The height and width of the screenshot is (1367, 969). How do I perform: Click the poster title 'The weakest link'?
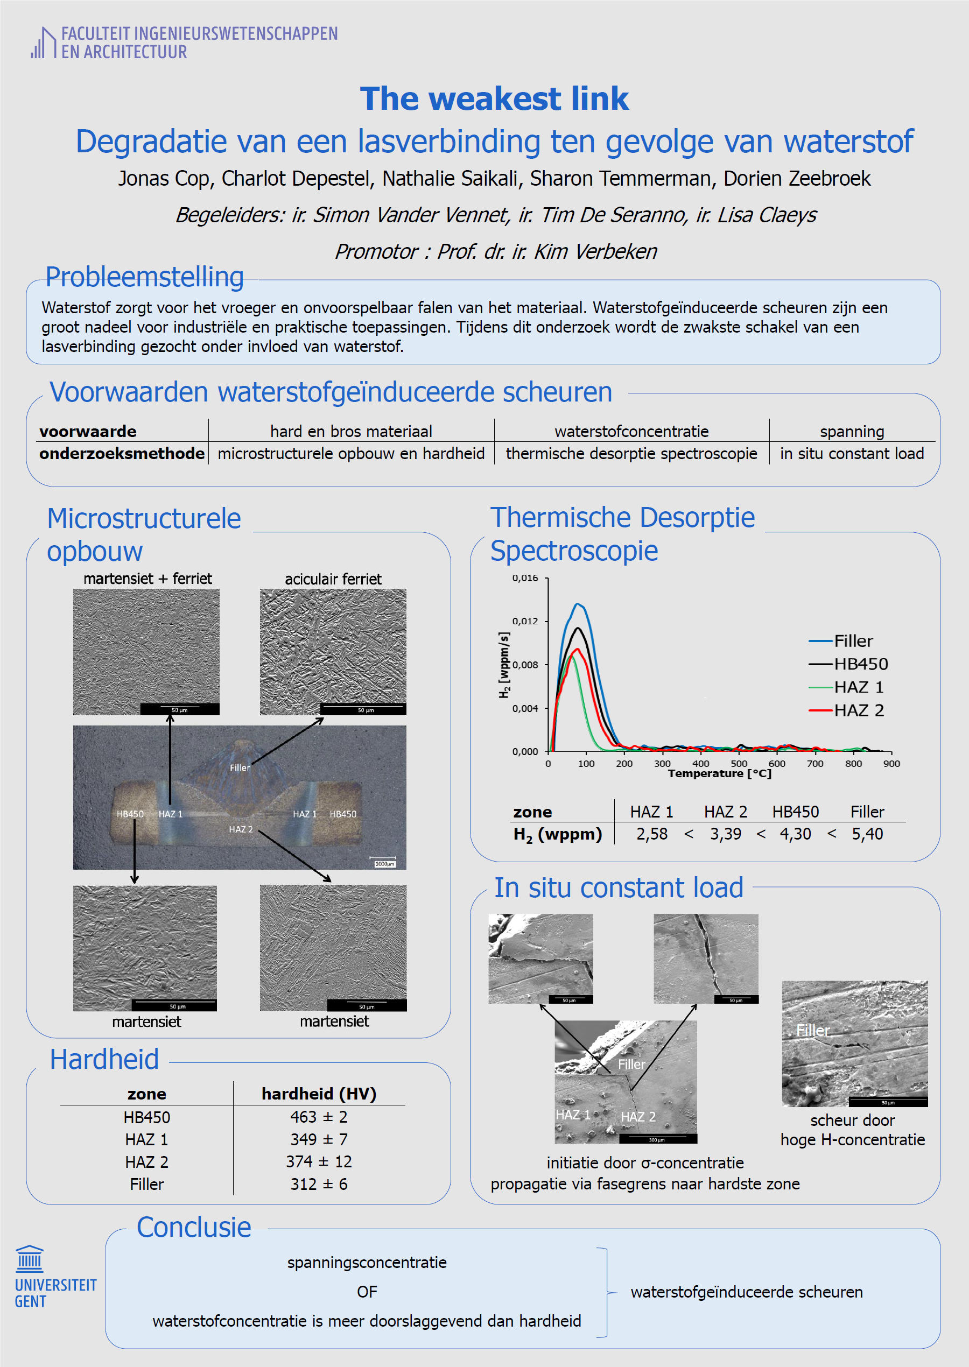click(494, 98)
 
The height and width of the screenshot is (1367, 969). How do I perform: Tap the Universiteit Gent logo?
click(54, 1277)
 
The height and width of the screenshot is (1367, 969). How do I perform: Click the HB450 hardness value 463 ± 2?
click(319, 1117)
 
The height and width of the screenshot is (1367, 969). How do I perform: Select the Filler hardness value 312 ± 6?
click(319, 1184)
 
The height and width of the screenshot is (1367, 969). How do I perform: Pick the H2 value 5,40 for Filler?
click(867, 834)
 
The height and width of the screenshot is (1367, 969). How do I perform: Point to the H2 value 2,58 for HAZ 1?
click(651, 834)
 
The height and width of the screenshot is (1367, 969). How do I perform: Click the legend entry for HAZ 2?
click(858, 710)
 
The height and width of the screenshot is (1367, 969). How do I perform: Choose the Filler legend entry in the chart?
click(853, 641)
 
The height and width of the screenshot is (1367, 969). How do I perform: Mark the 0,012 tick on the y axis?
click(525, 622)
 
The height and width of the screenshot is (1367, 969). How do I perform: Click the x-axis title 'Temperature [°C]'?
click(720, 773)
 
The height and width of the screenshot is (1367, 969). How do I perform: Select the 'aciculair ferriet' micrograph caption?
click(333, 579)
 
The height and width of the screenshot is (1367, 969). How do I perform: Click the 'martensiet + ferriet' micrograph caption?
click(148, 579)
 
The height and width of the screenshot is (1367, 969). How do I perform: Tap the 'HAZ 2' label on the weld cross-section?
click(241, 829)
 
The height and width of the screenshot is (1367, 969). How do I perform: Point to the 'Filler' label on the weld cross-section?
click(240, 767)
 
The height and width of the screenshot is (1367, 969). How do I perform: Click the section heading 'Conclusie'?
click(194, 1228)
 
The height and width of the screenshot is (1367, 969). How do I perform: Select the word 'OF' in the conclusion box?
click(367, 1292)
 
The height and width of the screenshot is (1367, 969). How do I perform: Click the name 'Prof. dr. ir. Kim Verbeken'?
click(546, 252)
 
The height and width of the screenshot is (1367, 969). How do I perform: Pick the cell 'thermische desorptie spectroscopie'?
click(631, 453)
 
